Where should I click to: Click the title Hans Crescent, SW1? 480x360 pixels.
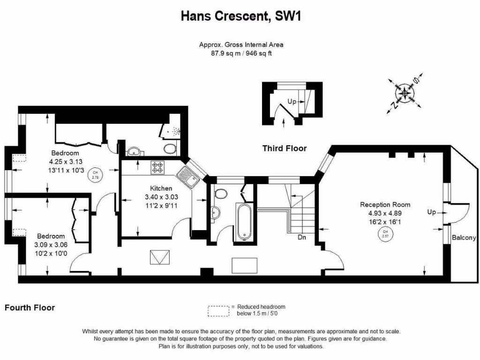point(240,16)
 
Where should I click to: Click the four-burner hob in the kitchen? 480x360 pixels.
point(157,167)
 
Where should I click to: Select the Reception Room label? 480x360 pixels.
point(385,204)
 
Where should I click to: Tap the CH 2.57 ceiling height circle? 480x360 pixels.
point(385,234)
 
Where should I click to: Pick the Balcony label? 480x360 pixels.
point(464,238)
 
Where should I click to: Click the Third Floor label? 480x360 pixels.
point(284,148)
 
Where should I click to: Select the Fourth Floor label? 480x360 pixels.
point(30,307)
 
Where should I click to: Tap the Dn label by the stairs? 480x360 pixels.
point(302,237)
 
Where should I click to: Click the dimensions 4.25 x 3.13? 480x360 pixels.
point(65,162)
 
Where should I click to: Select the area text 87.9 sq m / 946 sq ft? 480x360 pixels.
point(241,53)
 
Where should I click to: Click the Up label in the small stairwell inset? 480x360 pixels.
point(292,101)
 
